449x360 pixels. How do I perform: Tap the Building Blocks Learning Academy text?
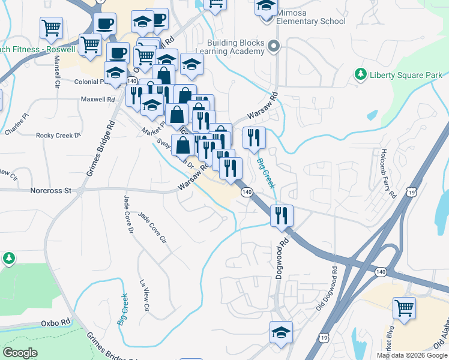236,47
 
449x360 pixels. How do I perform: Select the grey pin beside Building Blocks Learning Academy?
275,46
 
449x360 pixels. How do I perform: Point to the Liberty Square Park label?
406,75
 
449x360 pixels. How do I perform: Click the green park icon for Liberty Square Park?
361,74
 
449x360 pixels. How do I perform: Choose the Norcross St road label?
50,191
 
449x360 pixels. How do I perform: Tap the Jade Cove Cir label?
152,227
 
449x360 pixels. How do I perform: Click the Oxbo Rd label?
56,323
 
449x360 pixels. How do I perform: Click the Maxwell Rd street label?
98,99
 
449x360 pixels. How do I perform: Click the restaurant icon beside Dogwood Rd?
281,215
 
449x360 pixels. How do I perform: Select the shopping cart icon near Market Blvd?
404,308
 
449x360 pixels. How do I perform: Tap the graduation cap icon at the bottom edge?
281,332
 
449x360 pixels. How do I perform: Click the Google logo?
20,353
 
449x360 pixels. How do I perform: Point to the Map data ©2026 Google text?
411,355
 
